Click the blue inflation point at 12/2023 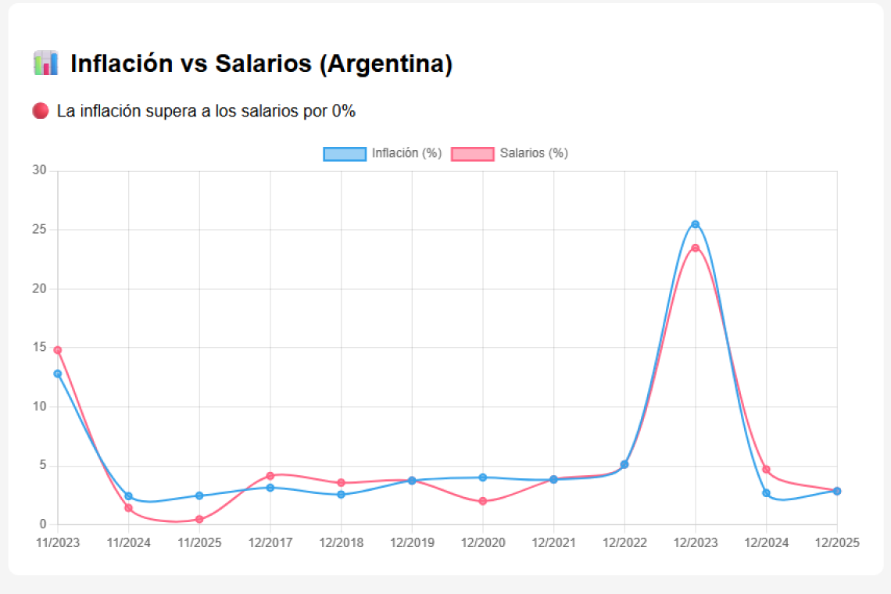pos(695,224)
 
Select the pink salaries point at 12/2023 pos(695,248)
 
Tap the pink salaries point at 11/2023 pos(58,350)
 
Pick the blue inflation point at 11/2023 pos(58,374)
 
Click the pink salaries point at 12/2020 pos(483,501)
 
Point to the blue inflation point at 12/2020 pos(483,478)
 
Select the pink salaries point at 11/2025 pos(199,519)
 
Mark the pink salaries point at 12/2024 pos(766,469)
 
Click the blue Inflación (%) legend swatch pos(345,154)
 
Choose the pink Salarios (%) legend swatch pos(472,154)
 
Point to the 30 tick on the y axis pos(40,170)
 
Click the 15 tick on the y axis pos(40,348)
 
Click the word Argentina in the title pos(385,64)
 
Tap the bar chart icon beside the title pos(46,63)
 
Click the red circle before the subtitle pos(41,111)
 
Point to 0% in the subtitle pos(344,111)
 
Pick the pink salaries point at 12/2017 pos(270,476)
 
